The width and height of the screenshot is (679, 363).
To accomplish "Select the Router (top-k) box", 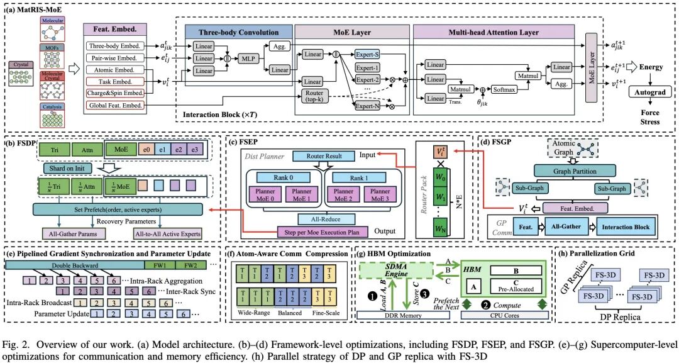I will pyautogui.click(x=315, y=96).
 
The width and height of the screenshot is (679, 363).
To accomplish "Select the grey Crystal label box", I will pyautogui.click(x=21, y=64).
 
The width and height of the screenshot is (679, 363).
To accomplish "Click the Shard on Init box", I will pyautogui.click(x=67, y=167).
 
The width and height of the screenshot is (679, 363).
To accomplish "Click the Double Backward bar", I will pyautogui.click(x=71, y=265).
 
